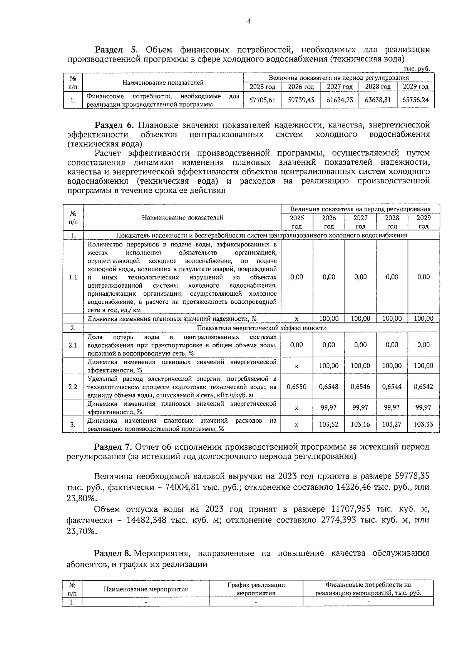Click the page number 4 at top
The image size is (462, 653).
tap(249, 21)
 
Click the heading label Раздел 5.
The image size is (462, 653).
tap(116, 50)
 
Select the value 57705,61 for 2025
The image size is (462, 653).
tap(263, 100)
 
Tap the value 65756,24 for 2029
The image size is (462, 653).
tap(415, 100)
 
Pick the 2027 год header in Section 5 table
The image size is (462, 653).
tap(340, 87)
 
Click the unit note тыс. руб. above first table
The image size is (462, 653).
tap(416, 69)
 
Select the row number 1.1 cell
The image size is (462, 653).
tap(73, 277)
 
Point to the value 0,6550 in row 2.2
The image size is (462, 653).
tap(296, 387)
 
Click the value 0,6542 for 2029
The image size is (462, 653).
tap(423, 387)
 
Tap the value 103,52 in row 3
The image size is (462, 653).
tap(329, 424)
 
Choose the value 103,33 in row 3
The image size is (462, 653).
tap(423, 424)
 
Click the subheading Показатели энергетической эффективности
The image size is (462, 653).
tap(261, 328)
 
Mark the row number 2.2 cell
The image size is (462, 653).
tap(73, 387)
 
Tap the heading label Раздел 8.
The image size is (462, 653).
tap(113, 554)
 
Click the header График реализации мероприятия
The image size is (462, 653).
tap(256, 589)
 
